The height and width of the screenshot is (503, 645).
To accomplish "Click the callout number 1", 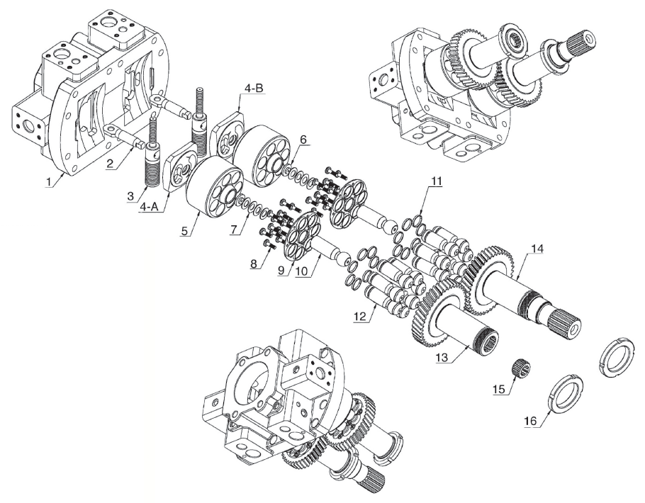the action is [50, 181].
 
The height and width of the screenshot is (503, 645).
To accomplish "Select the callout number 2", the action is [109, 164].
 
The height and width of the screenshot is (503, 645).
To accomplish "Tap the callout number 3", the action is [130, 196].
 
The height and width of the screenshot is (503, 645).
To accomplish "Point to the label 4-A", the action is [149, 207].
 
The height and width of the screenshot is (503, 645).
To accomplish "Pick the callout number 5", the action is [303, 140].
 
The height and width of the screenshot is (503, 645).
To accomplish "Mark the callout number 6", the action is [234, 229].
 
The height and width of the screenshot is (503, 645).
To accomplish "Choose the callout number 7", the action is [254, 264].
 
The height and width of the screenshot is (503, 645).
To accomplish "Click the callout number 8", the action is [281, 270].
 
